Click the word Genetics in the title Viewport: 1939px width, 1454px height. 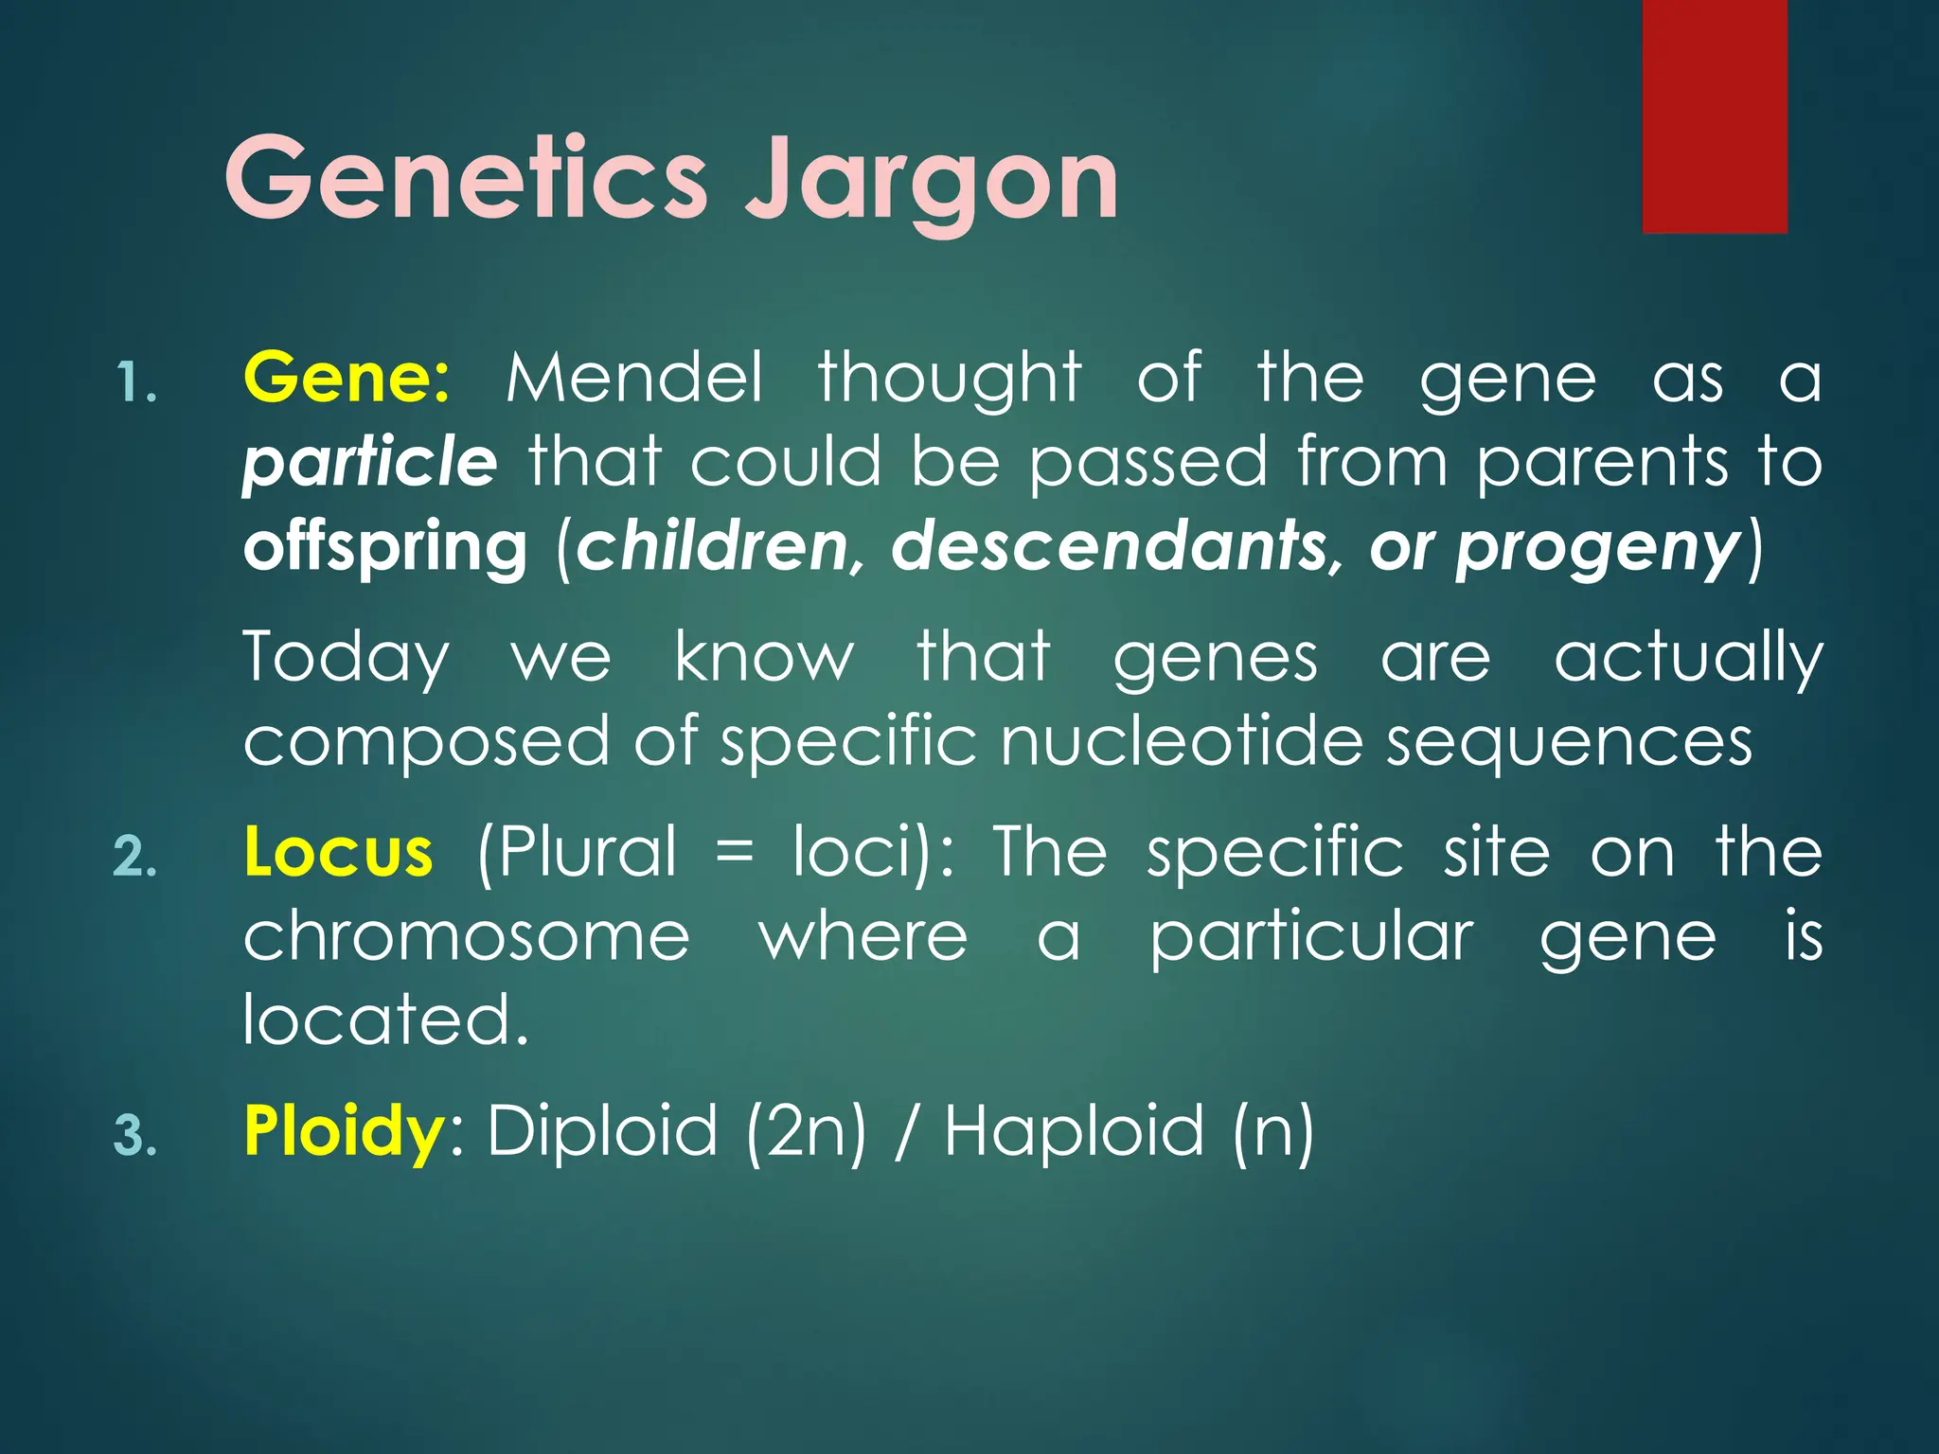(x=466, y=178)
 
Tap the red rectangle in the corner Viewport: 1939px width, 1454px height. (x=1714, y=115)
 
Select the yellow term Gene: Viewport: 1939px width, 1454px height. (x=347, y=378)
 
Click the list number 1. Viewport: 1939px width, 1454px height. (x=134, y=384)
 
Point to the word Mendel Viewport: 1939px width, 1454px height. (x=633, y=378)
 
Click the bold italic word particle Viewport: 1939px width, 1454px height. (x=369, y=463)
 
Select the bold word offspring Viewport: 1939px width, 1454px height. (x=384, y=549)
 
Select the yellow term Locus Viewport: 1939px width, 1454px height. (x=338, y=851)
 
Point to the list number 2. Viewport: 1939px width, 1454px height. (x=134, y=858)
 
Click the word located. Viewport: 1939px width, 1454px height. (x=384, y=1020)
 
